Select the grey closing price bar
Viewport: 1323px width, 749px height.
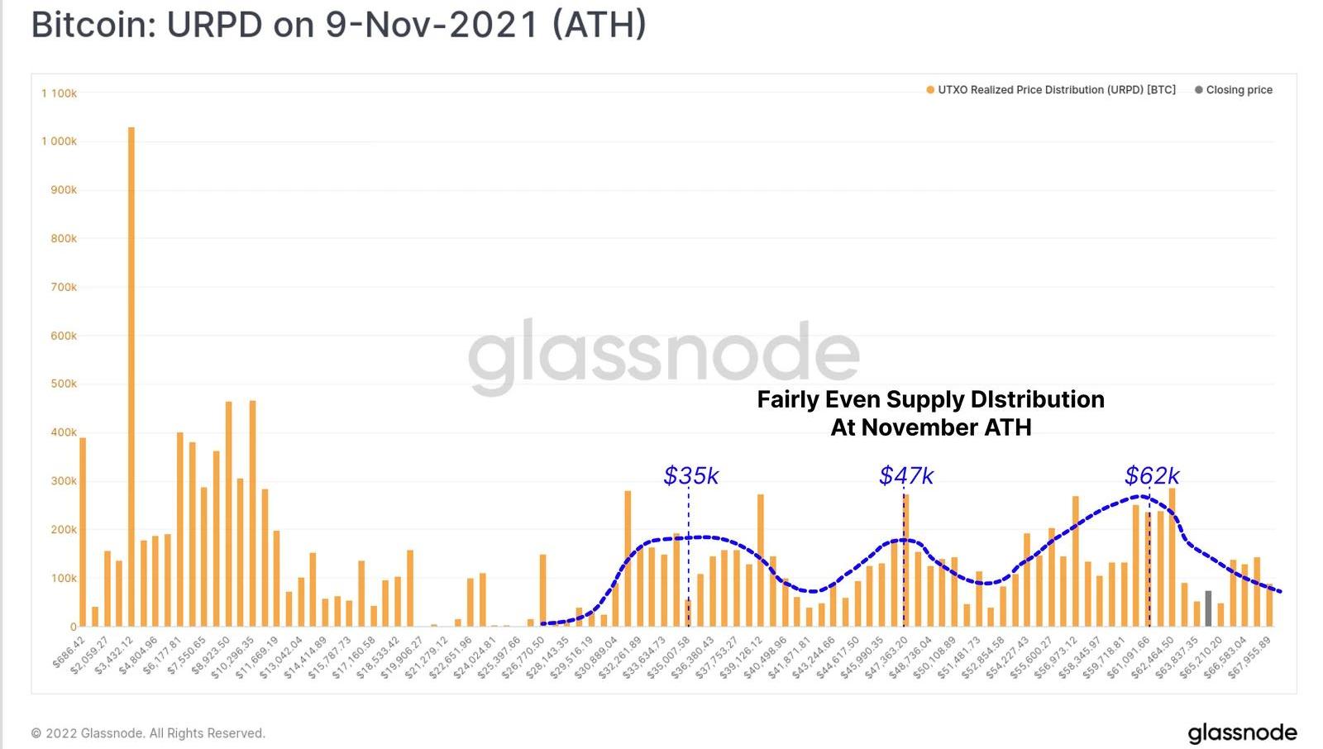pyautogui.click(x=1208, y=608)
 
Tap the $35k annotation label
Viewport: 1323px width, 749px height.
pyautogui.click(x=691, y=475)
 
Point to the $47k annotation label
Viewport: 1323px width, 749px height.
pyautogui.click(x=906, y=475)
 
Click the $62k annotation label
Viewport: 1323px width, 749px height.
pyautogui.click(x=1152, y=475)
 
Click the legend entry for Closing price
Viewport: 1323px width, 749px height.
pyautogui.click(x=1239, y=90)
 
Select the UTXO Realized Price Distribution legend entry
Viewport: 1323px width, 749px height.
pyautogui.click(x=1056, y=90)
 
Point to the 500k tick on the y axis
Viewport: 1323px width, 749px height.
pyautogui.click(x=59, y=384)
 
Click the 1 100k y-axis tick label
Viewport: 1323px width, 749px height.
pyautogui.click(x=59, y=93)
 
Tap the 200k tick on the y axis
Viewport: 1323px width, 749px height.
pyautogui.click(x=59, y=529)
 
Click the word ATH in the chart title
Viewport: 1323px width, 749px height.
pyautogui.click(x=599, y=25)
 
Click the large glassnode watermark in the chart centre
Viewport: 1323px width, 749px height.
pyautogui.click(x=664, y=355)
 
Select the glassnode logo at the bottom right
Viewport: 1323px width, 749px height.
pyautogui.click(x=1242, y=732)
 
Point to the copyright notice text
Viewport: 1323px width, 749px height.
pyautogui.click(x=148, y=733)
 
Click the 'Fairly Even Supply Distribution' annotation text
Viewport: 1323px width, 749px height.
pyautogui.click(x=930, y=400)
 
